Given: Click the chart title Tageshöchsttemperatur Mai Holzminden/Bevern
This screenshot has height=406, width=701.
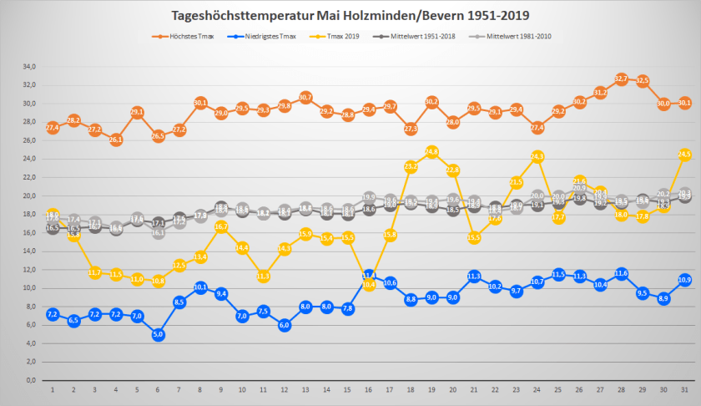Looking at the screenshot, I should [350, 15].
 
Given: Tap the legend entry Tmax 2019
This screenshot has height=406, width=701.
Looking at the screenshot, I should [338, 37].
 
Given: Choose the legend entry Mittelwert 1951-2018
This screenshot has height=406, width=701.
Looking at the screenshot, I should [416, 37].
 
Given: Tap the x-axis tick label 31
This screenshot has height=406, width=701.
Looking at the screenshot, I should [684, 390].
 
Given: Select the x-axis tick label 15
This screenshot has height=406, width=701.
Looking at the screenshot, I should [348, 390].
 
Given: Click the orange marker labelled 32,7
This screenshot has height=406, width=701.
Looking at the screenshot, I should [621, 79].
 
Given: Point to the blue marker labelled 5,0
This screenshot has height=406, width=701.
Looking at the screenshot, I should [158, 334].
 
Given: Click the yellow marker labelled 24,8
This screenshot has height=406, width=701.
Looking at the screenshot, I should [432, 152].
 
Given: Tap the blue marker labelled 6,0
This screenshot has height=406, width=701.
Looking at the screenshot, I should [285, 325].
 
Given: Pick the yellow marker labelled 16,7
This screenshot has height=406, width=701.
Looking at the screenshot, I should [221, 226].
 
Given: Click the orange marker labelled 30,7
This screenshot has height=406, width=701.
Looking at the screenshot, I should [305, 98].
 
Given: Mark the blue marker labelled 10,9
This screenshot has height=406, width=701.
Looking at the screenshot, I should [684, 280].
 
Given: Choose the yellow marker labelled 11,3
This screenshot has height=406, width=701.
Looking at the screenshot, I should [264, 276].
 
